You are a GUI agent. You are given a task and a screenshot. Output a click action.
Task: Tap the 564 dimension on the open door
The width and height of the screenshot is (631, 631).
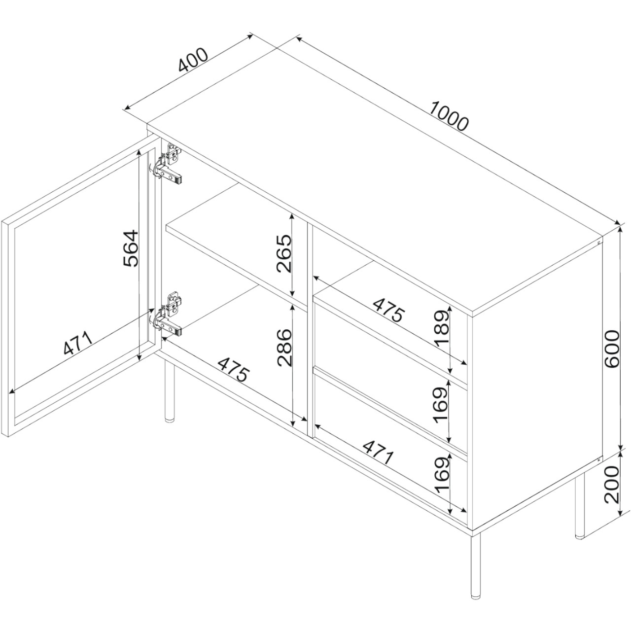131,248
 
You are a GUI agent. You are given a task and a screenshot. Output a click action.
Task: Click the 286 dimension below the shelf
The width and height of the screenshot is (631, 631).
283,348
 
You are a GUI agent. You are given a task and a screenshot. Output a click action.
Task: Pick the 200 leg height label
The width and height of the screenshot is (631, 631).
612,485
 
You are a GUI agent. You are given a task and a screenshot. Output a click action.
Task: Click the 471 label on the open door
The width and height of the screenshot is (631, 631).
77,344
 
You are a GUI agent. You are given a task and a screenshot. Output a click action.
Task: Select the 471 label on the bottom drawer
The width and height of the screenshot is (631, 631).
378,453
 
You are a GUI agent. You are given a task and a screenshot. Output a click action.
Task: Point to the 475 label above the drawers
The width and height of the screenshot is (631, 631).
388,310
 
